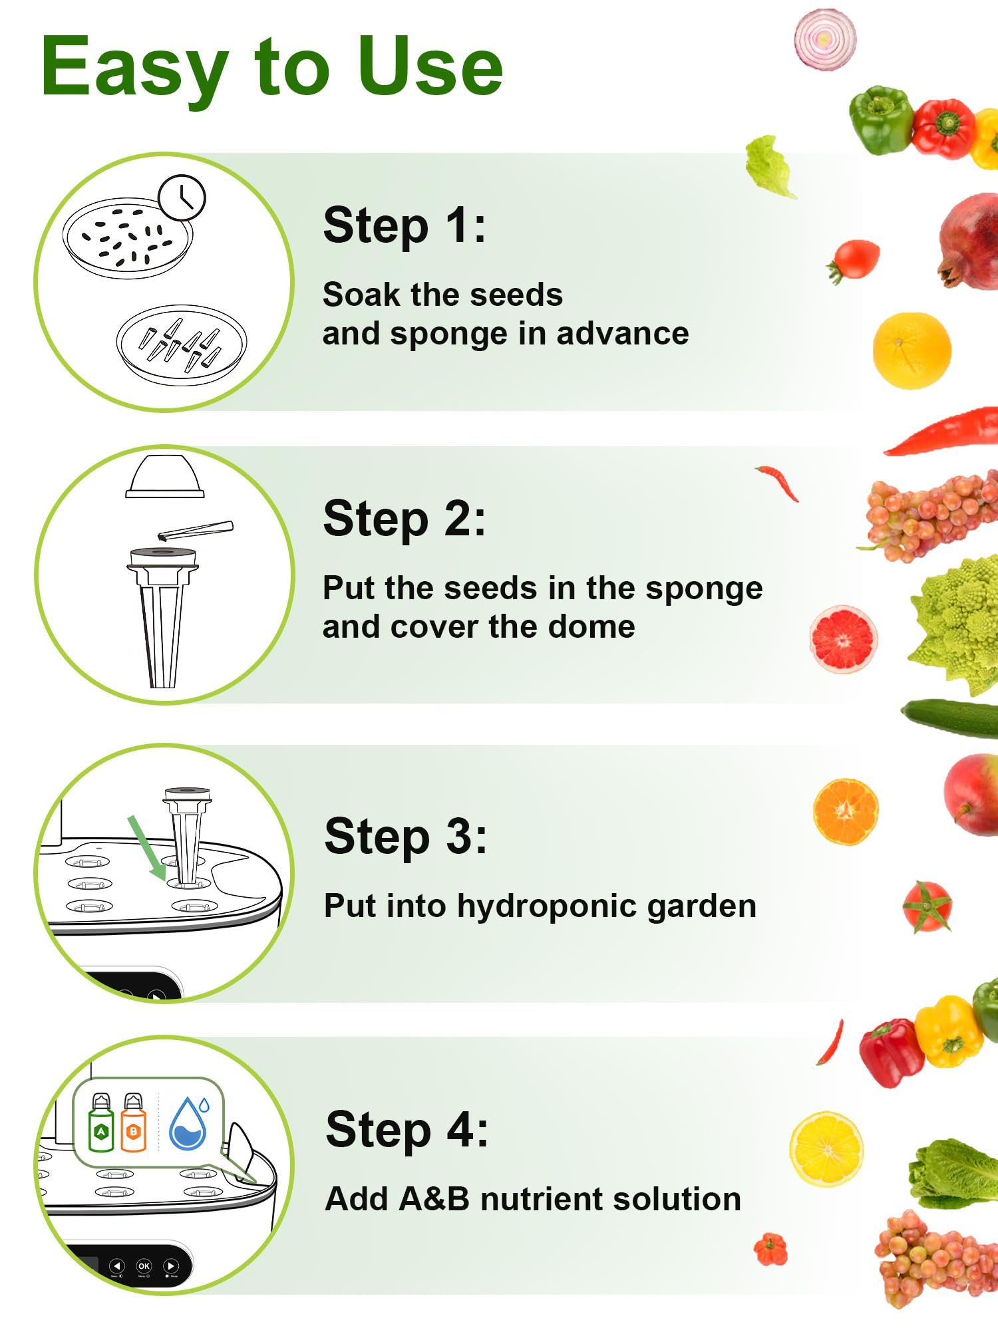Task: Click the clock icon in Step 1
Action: click(x=182, y=198)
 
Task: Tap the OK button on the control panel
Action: click(x=144, y=1266)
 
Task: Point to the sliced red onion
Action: click(x=825, y=39)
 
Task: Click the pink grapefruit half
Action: click(x=843, y=639)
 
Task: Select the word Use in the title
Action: click(x=429, y=66)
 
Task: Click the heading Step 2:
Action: click(x=404, y=519)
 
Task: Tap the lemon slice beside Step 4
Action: click(x=826, y=1148)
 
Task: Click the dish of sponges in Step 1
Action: click(x=182, y=344)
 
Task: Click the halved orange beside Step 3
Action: click(x=846, y=812)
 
